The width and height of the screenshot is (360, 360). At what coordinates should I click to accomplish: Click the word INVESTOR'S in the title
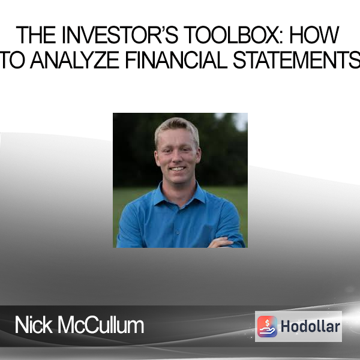tap(120, 35)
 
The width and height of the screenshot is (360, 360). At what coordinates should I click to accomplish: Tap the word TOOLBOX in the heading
tap(232, 35)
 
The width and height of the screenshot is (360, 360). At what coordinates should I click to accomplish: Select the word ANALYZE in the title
tap(75, 60)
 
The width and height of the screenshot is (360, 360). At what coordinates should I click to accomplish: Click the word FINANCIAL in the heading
tap(176, 60)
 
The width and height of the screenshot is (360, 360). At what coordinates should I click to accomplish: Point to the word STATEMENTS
tap(296, 60)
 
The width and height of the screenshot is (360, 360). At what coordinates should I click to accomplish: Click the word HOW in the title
tap(314, 35)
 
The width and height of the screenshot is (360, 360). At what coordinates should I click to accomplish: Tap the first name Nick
tap(34, 325)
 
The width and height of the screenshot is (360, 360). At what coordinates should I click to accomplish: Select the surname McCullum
tap(101, 325)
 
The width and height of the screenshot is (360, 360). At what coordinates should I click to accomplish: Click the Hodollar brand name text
tap(310, 326)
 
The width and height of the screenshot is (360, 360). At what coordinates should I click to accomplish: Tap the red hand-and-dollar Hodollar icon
tap(267, 326)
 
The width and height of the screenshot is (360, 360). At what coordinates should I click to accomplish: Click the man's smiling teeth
tap(178, 169)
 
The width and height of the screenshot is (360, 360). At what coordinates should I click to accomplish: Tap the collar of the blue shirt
tap(179, 193)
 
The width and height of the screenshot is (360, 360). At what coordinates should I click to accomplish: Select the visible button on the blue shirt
tap(178, 233)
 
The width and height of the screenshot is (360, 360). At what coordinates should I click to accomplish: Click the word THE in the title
tap(36, 35)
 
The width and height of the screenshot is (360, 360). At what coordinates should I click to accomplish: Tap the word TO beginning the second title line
tap(12, 60)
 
